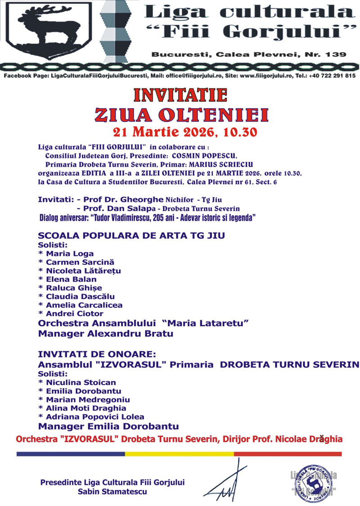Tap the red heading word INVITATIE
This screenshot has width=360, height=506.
coord(180,95)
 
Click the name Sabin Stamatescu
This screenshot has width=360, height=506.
coord(112,492)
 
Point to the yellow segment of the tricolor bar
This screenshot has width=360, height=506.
coord(179,454)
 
